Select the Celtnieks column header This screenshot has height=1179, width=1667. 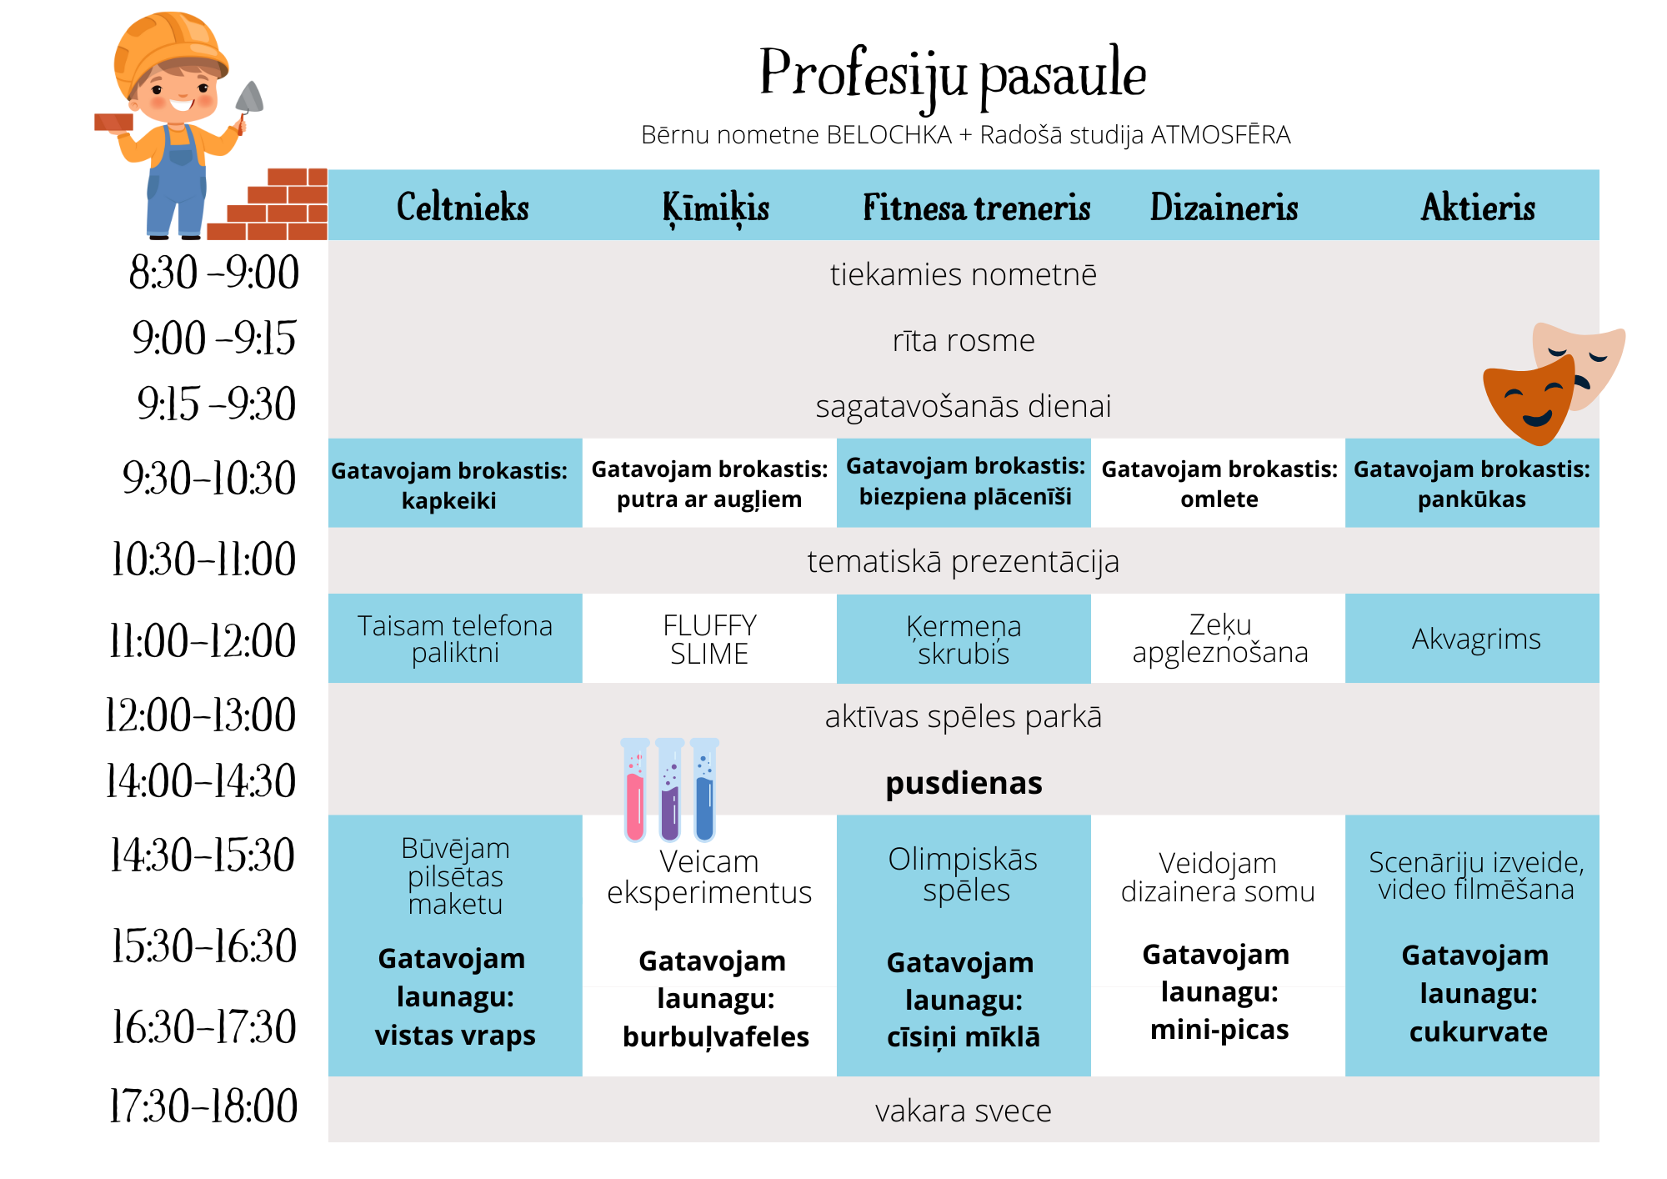[x=463, y=208]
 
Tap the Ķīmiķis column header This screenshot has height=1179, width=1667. [x=715, y=208]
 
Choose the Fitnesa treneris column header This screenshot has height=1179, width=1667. [x=976, y=208]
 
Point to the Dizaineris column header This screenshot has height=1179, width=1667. [x=1224, y=208]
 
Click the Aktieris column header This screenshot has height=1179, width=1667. [x=1478, y=208]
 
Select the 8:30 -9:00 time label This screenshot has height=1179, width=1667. [x=214, y=273]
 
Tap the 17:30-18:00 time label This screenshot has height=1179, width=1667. [x=203, y=1106]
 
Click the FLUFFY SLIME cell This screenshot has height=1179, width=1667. [x=709, y=640]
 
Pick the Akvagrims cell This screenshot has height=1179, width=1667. [x=1476, y=640]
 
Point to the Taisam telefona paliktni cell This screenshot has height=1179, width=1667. [x=455, y=640]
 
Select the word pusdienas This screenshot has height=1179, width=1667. [x=964, y=784]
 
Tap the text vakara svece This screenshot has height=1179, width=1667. [x=964, y=1111]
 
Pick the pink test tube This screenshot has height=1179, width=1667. [x=635, y=792]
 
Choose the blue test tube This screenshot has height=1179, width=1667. [x=704, y=792]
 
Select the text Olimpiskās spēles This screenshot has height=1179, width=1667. [x=964, y=875]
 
